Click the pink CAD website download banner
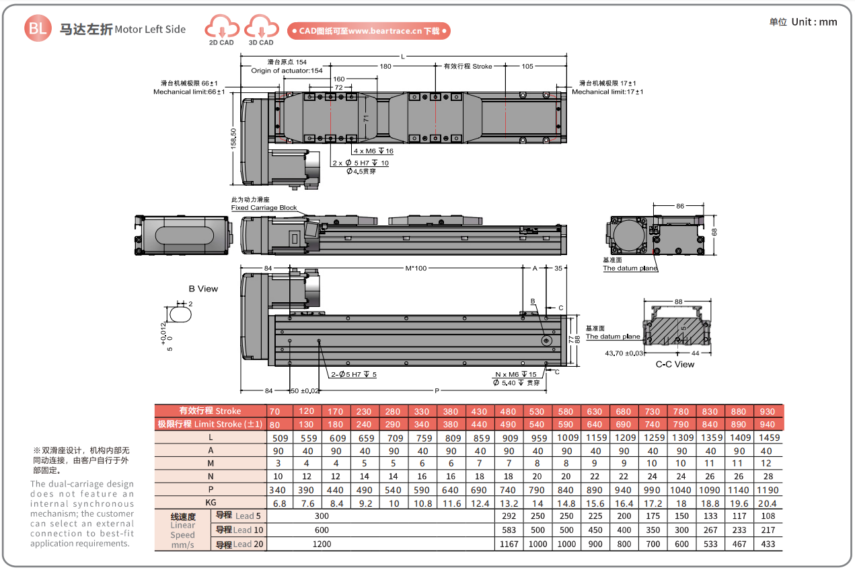pos(369,31)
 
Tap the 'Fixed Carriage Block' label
pos(264,208)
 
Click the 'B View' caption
pos(203,289)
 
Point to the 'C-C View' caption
pos(675,364)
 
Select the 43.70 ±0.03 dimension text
pos(624,353)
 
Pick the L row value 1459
pos(769,438)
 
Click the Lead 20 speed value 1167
pos(509,544)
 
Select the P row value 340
pos(277,490)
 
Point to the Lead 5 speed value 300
pos(322,516)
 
